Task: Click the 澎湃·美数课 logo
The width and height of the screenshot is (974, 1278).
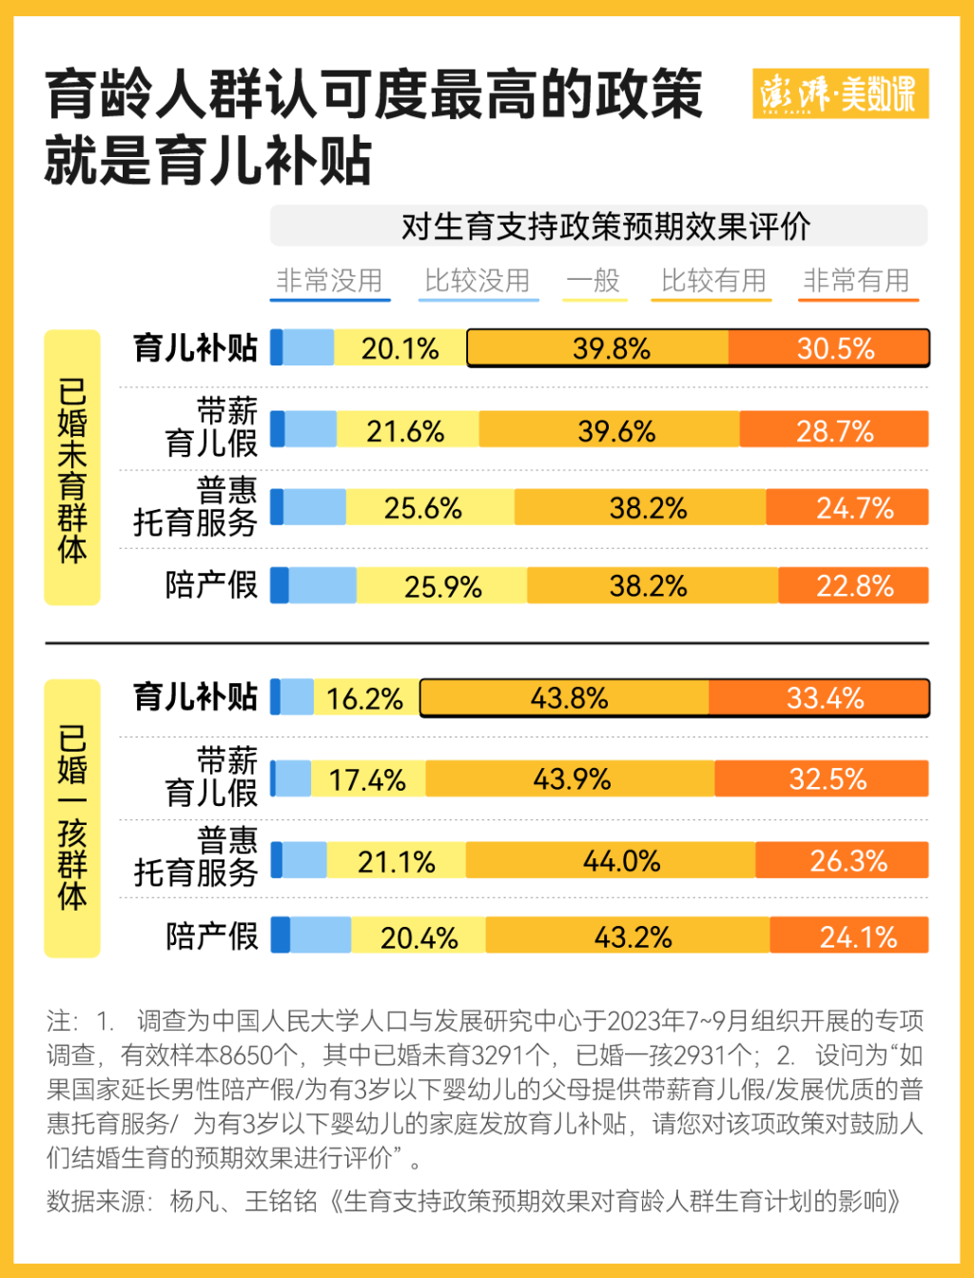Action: click(x=839, y=93)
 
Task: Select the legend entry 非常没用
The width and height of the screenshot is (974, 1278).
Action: click(x=329, y=281)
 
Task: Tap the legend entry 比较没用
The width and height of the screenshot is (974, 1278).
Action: click(x=477, y=281)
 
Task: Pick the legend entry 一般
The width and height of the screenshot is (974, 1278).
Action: click(x=594, y=281)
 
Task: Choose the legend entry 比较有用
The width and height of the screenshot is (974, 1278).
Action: click(x=713, y=281)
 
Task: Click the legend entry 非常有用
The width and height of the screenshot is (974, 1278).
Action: click(x=857, y=281)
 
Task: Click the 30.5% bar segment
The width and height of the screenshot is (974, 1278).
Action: click(x=828, y=348)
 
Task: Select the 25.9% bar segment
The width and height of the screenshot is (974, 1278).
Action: click(x=442, y=586)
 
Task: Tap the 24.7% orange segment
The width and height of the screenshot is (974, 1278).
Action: click(x=847, y=508)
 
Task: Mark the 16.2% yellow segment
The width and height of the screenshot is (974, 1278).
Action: click(x=365, y=698)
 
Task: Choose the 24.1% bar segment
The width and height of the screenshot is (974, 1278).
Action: click(x=849, y=937)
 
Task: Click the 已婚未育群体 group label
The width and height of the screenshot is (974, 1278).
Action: click(x=72, y=468)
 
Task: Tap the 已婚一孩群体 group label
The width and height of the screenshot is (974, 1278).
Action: click(x=72, y=817)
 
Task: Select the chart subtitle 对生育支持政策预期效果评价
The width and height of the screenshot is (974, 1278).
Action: click(x=605, y=226)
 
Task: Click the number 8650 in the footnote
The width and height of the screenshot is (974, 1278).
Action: click(x=246, y=1055)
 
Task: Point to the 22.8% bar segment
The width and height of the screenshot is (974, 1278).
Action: click(x=854, y=586)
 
